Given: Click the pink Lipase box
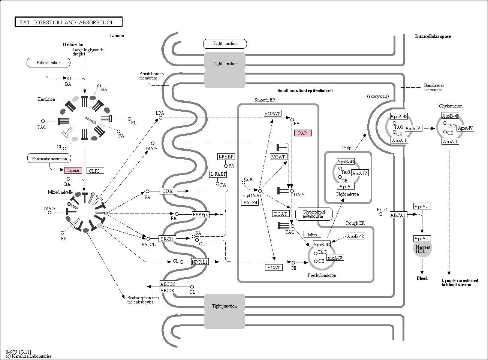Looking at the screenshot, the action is point(73,170).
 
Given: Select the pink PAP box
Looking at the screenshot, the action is point(303,133).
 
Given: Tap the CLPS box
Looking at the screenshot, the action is point(95,171).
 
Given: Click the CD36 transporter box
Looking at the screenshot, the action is point(168,191).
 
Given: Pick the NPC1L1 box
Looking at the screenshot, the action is point(199,262).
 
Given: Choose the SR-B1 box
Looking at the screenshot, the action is point(167,239).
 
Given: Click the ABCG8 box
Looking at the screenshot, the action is point(168,290).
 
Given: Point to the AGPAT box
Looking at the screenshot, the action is point(272,114).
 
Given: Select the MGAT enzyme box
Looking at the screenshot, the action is point(278,157).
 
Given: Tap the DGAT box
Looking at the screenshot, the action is point(280,214).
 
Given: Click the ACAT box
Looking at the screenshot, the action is point(274,267).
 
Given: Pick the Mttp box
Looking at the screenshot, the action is point(312,235).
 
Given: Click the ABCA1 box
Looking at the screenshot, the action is point(398,215).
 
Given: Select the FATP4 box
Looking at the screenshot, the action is point(250,202).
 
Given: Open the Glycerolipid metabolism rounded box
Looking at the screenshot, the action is point(314,214).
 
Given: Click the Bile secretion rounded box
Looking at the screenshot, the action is point(49,63).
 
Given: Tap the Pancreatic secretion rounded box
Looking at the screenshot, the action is point(49,158).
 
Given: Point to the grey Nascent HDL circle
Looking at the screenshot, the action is point(422,248).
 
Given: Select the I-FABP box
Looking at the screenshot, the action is point(226,157).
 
